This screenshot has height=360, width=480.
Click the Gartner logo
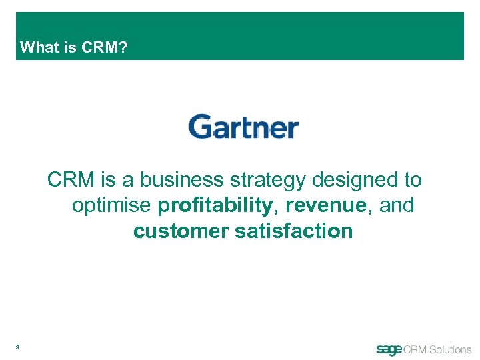point(243,127)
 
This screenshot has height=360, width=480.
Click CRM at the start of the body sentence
point(70,180)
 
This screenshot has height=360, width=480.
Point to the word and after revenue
point(397,206)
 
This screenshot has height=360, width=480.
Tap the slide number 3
point(18,347)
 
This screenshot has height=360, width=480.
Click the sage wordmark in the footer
point(389,349)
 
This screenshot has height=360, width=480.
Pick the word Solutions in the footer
point(450,349)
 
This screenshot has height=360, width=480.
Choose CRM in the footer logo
point(414,349)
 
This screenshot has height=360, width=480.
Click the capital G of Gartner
point(200,127)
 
